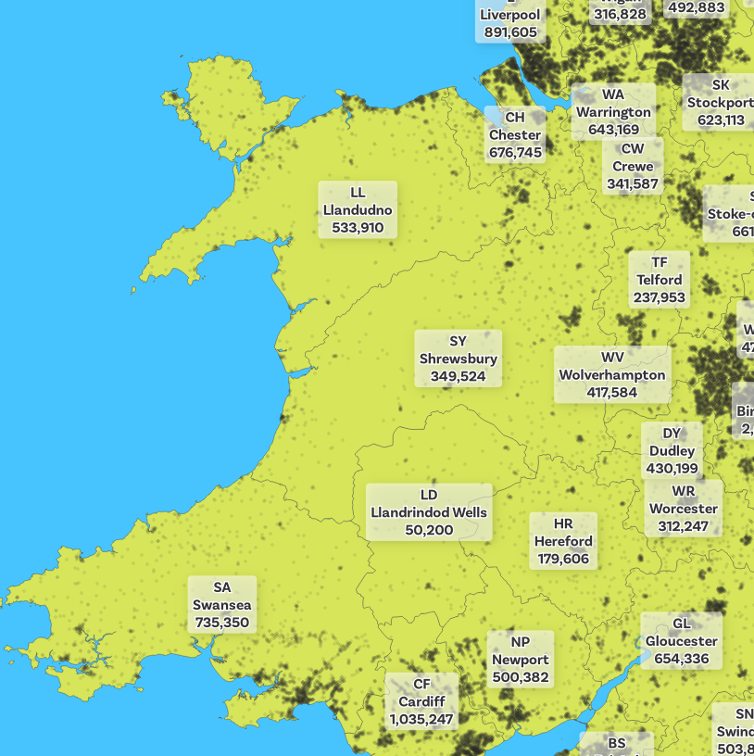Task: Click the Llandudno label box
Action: tap(358, 210)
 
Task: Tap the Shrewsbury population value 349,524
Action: tap(458, 376)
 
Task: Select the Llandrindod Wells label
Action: tap(429, 512)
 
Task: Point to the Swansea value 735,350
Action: tap(222, 623)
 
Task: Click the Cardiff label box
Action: tap(421, 701)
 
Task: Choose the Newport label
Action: tap(521, 660)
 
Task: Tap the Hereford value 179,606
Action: tap(563, 559)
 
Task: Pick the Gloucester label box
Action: tap(682, 641)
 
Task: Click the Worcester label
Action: tap(684, 509)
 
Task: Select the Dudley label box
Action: tap(672, 451)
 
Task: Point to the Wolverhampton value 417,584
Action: tap(612, 392)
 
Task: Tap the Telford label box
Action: tap(660, 280)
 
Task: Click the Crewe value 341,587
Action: tap(633, 184)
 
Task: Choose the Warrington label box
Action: tap(613, 112)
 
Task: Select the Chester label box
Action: tap(515, 135)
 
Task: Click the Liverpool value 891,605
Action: tap(510, 32)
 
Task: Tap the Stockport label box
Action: tap(720, 102)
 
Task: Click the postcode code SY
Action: tap(458, 342)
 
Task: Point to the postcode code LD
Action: tap(429, 495)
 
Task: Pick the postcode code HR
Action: tap(563, 523)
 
